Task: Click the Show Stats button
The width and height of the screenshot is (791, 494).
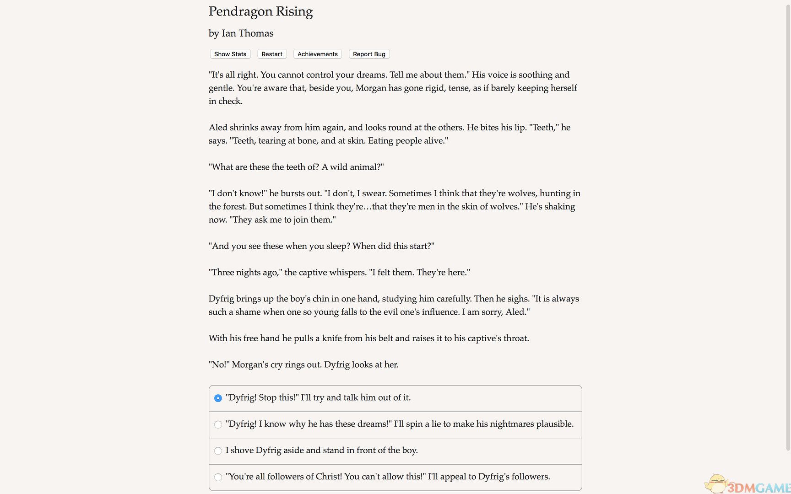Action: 230,54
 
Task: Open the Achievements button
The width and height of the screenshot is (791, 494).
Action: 317,54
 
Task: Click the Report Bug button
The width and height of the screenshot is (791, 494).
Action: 369,54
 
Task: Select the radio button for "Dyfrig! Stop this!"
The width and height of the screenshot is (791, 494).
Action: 218,398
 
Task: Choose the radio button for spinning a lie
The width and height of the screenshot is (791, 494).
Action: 218,424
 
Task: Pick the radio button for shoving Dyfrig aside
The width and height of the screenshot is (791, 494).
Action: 218,451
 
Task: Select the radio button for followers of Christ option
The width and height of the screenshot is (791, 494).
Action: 218,477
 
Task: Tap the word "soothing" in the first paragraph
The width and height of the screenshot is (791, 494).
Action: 533,75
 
